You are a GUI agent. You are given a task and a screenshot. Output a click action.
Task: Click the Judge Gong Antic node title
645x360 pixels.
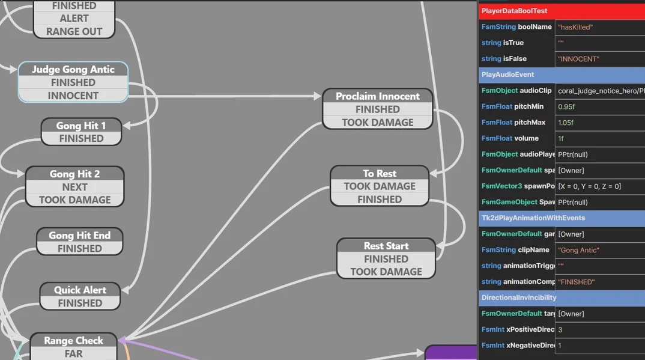click(73, 69)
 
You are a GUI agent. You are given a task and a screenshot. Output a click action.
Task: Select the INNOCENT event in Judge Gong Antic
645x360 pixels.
click(73, 96)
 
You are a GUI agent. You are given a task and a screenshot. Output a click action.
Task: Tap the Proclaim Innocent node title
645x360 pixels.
click(377, 96)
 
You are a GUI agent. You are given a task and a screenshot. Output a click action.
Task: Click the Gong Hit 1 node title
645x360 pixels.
click(81, 126)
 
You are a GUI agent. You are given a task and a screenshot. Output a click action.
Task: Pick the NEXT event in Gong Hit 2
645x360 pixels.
click(75, 187)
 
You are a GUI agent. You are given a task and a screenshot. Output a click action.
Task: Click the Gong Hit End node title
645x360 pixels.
click(80, 235)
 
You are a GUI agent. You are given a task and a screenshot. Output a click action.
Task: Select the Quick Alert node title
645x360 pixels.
click(80, 290)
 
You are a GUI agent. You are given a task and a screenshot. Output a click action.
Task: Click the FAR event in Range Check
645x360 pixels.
click(73, 353)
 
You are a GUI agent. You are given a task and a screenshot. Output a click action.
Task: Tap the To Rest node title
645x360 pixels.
click(380, 173)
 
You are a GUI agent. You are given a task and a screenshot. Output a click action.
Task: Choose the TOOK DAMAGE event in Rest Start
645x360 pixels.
click(386, 272)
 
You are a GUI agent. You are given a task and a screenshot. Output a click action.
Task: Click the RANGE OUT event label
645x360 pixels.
click(74, 31)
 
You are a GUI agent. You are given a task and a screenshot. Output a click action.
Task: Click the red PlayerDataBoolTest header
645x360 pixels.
click(562, 11)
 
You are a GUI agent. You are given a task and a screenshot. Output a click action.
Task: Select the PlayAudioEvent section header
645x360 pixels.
click(562, 75)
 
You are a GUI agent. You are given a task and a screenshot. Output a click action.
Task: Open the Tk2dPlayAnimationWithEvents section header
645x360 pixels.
click(562, 218)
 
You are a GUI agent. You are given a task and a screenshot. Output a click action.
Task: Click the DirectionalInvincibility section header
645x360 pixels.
click(562, 297)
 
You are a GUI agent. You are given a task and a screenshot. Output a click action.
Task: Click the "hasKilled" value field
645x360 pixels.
click(599, 27)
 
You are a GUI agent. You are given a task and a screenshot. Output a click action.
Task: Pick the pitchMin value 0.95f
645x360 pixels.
click(599, 106)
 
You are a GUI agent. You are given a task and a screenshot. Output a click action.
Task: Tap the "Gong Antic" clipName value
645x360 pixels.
click(599, 250)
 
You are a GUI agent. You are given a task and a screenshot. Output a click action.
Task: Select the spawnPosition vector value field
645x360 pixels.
click(599, 186)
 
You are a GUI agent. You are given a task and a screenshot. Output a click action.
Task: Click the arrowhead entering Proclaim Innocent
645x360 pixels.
click(318, 96)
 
